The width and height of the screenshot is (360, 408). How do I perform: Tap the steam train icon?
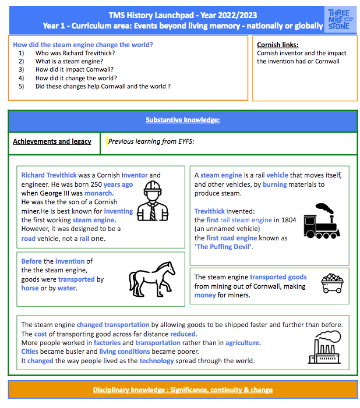[322, 221]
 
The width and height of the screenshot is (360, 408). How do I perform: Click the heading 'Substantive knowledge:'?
[182, 120]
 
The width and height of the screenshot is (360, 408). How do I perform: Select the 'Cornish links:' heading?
[277, 44]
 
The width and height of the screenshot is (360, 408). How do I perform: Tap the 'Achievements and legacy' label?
[52, 141]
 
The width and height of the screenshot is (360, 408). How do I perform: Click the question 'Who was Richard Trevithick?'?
[75, 53]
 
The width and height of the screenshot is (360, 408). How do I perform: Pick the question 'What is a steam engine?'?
[72, 61]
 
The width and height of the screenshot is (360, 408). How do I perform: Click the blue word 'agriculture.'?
[243, 343]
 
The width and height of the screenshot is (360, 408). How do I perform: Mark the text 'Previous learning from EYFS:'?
[151, 141]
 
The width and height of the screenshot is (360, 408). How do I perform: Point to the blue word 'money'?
[205, 296]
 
